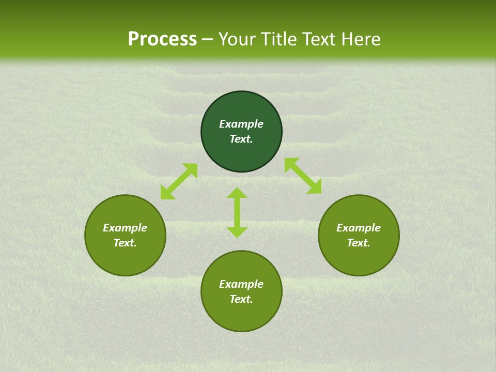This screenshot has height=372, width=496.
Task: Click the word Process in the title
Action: (162, 39)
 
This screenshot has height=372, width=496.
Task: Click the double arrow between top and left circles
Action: (179, 181)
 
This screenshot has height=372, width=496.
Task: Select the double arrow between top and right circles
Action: (303, 176)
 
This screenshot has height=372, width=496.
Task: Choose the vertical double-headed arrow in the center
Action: (237, 212)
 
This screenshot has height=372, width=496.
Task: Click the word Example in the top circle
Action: (241, 124)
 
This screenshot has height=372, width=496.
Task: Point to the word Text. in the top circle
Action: (241, 139)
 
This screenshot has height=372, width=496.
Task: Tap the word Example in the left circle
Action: (125, 228)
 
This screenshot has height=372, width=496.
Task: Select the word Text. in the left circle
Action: (125, 243)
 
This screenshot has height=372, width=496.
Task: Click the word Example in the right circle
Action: (359, 228)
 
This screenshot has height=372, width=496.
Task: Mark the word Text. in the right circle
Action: (359, 243)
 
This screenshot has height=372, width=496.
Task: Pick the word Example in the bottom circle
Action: (241, 284)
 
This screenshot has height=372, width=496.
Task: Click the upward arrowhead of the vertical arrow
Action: (237, 193)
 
